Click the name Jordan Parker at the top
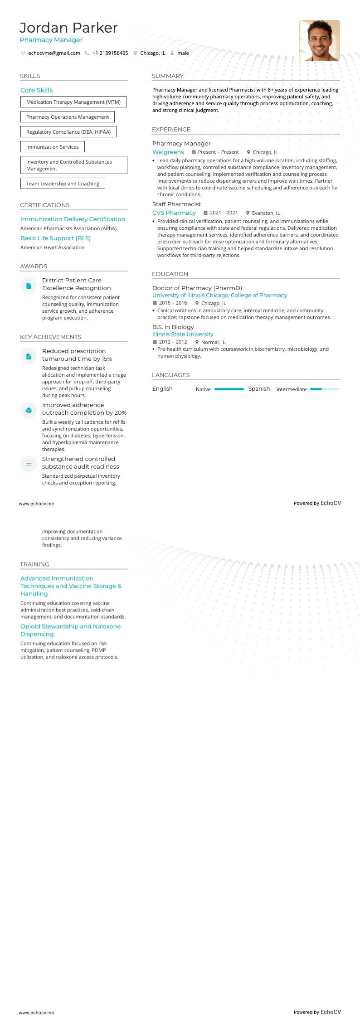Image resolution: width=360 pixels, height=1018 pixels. click(68, 28)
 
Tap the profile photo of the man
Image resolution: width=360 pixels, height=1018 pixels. click(319, 40)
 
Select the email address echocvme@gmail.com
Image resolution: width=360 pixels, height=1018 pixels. click(54, 53)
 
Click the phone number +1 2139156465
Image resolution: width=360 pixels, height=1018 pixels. click(110, 53)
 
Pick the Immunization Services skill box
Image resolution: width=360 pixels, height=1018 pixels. click(52, 147)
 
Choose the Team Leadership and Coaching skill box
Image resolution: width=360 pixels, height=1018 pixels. click(63, 184)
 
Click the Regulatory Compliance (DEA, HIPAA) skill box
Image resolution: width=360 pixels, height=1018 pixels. click(68, 132)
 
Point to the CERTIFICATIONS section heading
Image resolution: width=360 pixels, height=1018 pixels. click(45, 205)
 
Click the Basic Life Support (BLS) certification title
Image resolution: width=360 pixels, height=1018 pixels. click(55, 238)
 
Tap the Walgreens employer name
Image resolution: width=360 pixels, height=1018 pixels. click(168, 152)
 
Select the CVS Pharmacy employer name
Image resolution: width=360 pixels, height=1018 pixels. click(174, 213)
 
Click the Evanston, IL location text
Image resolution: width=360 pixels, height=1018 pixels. click(266, 213)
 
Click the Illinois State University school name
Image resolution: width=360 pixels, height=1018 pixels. click(183, 334)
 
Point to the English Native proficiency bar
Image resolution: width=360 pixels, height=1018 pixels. click(229, 389)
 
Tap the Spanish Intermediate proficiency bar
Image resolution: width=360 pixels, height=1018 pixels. click(325, 389)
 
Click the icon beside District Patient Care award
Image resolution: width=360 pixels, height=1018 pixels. click(29, 286)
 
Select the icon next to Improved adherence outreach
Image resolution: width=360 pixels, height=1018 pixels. click(29, 410)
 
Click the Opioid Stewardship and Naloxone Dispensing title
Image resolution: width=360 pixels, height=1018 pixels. click(70, 630)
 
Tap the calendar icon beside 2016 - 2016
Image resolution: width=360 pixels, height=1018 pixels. click(155, 303)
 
